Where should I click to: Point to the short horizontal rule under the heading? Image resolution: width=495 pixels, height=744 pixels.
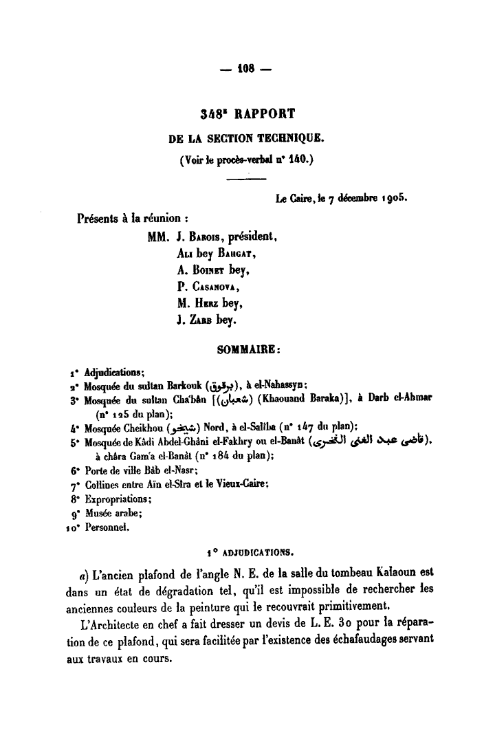pyautogui.click(x=246, y=179)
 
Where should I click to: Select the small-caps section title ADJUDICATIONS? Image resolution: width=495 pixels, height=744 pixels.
pyautogui.click(x=253, y=551)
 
